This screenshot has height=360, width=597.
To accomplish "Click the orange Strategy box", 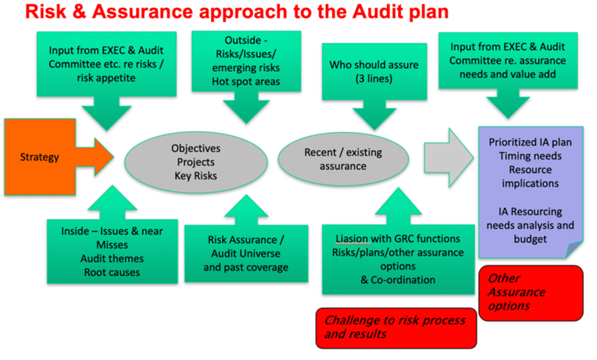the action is pyautogui.click(x=40, y=157).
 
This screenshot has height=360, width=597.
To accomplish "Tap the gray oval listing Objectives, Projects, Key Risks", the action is pyautogui.click(x=196, y=162).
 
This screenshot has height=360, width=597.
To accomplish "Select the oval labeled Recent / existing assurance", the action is pyautogui.click(x=343, y=159).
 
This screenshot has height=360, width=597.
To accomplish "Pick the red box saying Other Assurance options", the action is pyautogui.click(x=531, y=293).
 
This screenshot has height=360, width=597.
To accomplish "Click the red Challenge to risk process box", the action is pyautogui.click(x=396, y=328).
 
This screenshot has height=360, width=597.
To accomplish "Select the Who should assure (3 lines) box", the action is pyautogui.click(x=374, y=72).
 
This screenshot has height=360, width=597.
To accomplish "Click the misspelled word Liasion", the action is pyautogui.click(x=352, y=239).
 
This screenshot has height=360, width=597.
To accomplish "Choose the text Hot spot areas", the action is pyautogui.click(x=246, y=81).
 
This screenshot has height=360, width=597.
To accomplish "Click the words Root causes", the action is pyautogui.click(x=112, y=273).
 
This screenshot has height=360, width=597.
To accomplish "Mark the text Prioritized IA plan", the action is pyautogui.click(x=530, y=143).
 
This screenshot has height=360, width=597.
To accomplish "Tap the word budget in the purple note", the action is pyautogui.click(x=530, y=239).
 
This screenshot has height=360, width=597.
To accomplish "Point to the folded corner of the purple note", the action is pyautogui.click(x=575, y=249).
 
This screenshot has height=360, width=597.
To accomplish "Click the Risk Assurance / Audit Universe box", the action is pyautogui.click(x=246, y=254).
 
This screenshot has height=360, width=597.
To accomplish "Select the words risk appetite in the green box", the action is pyautogui.click(x=106, y=78).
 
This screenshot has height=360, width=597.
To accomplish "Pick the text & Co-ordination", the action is pyautogui.click(x=398, y=280).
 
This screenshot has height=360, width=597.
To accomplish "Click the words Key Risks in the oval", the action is pyautogui.click(x=196, y=176).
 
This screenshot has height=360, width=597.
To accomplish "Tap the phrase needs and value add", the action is pyautogui.click(x=507, y=74).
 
